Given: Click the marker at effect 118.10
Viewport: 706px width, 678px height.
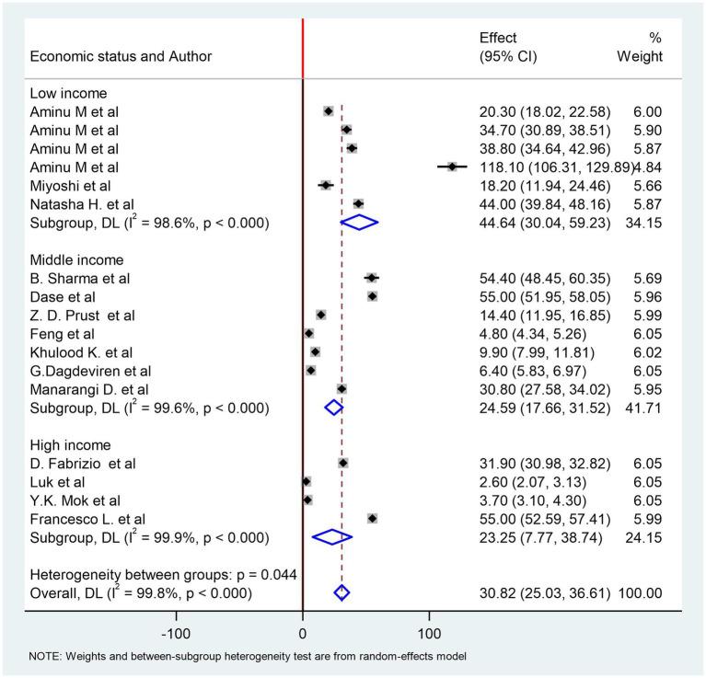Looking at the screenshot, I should tap(452, 167).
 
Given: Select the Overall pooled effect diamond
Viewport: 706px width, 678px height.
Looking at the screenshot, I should tap(341, 592).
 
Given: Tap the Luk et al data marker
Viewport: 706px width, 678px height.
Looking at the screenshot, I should tap(307, 481).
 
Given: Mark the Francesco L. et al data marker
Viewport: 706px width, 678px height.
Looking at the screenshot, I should tap(372, 518).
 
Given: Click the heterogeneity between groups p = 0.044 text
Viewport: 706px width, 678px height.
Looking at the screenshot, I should tap(164, 574).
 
